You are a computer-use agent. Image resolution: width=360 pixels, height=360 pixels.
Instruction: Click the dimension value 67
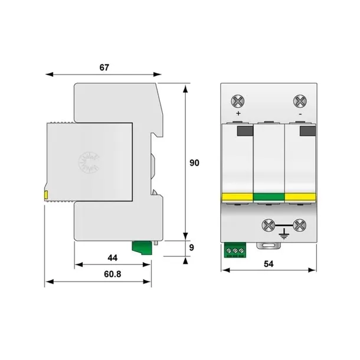point(104,67)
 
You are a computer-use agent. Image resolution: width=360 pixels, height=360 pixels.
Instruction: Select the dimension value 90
point(194,163)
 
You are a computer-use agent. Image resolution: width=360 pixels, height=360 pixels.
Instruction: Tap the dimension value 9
point(191,247)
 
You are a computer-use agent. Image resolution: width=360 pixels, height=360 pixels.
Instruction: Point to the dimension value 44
point(113,258)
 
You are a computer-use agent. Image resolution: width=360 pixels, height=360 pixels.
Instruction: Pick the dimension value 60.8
point(113,274)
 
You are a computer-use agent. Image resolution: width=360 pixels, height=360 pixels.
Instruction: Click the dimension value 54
point(269,264)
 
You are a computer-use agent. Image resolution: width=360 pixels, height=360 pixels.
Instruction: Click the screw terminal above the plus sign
point(238,101)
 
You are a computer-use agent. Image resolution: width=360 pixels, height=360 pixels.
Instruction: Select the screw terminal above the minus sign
point(300,101)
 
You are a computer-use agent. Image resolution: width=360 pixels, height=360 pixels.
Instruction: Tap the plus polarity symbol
point(238,113)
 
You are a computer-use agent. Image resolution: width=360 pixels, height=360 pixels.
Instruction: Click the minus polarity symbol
point(300,114)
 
